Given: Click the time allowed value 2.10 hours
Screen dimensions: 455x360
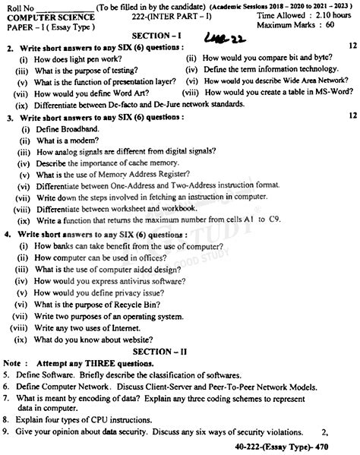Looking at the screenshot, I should pos(332,15).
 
